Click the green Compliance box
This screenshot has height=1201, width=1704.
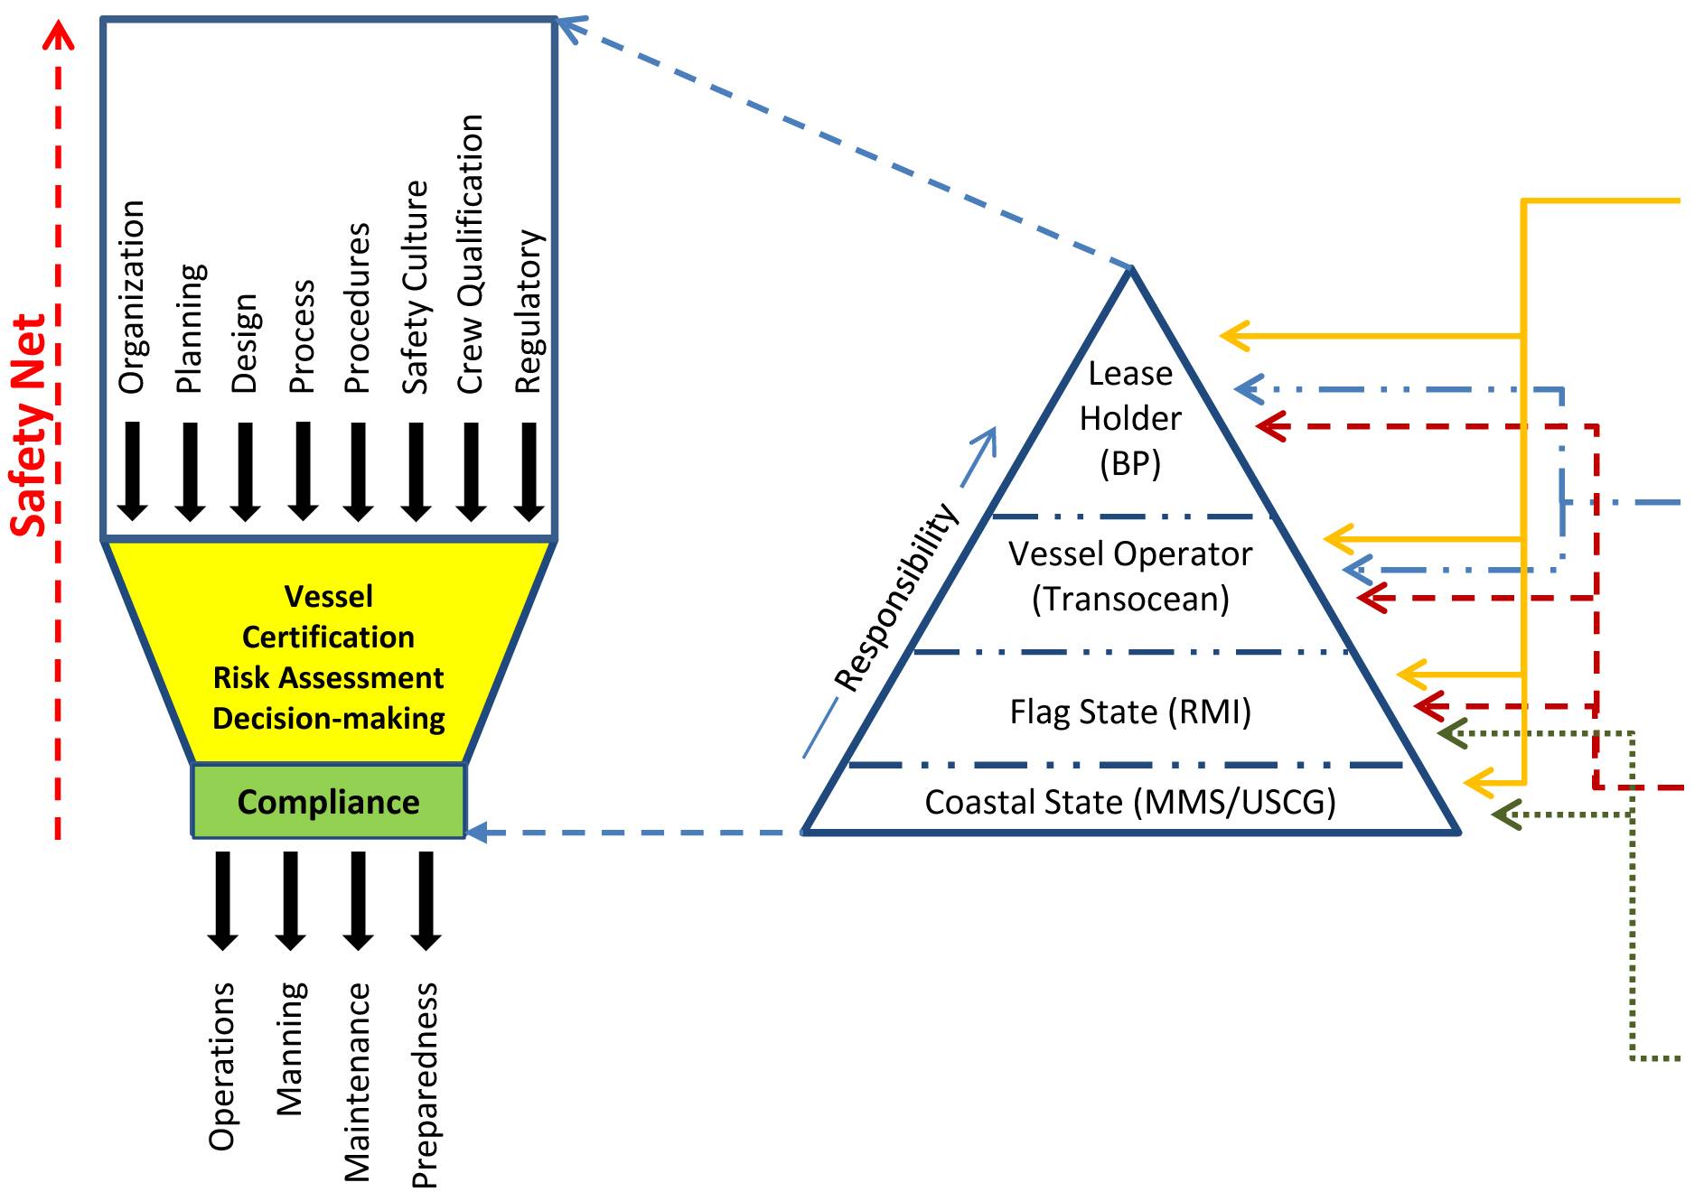click(x=329, y=801)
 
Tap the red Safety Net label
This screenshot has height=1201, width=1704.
click(x=30, y=425)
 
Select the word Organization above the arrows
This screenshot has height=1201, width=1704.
click(x=132, y=297)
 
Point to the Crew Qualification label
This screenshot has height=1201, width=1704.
click(x=471, y=254)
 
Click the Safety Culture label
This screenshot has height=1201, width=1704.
click(x=415, y=287)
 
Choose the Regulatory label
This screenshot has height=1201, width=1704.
click(x=529, y=312)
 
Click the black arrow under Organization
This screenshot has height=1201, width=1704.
click(x=133, y=471)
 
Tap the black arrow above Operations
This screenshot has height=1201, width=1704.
click(x=222, y=901)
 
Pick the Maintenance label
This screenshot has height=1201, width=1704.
click(x=358, y=1083)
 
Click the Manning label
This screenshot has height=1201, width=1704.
click(x=290, y=1049)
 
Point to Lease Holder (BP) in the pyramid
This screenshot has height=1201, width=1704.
click(x=1130, y=418)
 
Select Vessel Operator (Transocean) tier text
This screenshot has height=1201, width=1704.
click(x=1130, y=576)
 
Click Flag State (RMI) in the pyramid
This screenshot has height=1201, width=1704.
click(x=1130, y=712)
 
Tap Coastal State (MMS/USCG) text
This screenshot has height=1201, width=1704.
click(x=1130, y=802)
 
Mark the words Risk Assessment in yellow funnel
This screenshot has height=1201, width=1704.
click(x=329, y=677)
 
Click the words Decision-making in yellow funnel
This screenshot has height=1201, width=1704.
click(x=329, y=719)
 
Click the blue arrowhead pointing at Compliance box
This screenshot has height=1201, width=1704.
click(x=476, y=832)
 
